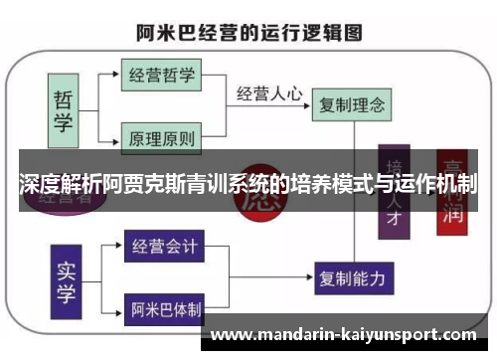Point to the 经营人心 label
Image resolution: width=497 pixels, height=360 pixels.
coord(268,94)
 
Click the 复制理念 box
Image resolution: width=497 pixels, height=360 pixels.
coord(349,102)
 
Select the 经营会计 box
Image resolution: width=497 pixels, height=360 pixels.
coord(163,245)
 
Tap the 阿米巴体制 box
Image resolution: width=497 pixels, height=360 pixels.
coord(163,309)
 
